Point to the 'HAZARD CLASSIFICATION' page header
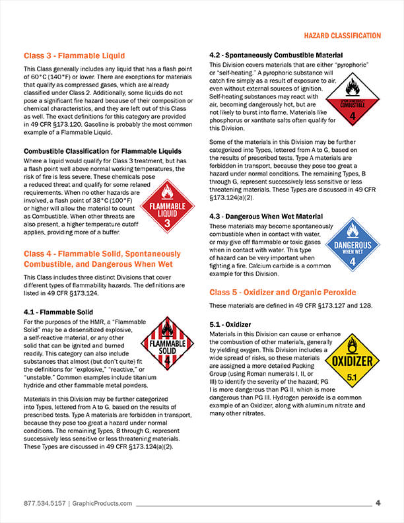tap(342, 35)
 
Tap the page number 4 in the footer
tap(378, 503)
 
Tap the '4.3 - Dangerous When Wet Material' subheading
tap(266, 216)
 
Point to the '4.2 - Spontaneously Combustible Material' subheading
tap(275, 55)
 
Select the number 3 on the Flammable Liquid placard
tap(168, 224)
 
